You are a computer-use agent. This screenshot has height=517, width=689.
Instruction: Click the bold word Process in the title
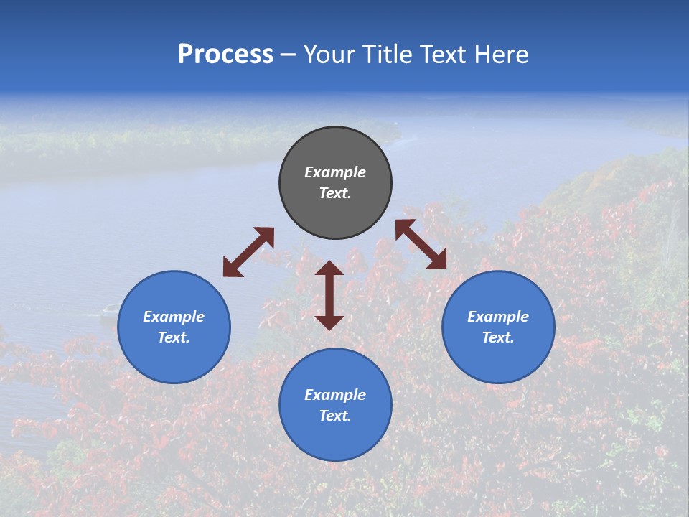click(x=225, y=55)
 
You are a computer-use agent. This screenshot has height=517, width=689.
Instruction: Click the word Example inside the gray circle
click(x=335, y=172)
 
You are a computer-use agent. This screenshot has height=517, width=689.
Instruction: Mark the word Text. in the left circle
click(x=174, y=337)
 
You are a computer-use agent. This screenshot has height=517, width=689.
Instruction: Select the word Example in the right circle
click(x=498, y=317)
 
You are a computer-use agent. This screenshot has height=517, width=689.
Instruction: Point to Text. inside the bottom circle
click(x=335, y=416)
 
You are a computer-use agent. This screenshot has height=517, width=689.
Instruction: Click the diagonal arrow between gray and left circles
click(x=248, y=252)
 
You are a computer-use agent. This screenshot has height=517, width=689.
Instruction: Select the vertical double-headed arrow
click(x=329, y=295)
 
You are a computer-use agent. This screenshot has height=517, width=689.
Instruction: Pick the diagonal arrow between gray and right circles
click(x=421, y=244)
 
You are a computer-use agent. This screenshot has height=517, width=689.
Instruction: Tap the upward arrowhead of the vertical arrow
click(x=329, y=268)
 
